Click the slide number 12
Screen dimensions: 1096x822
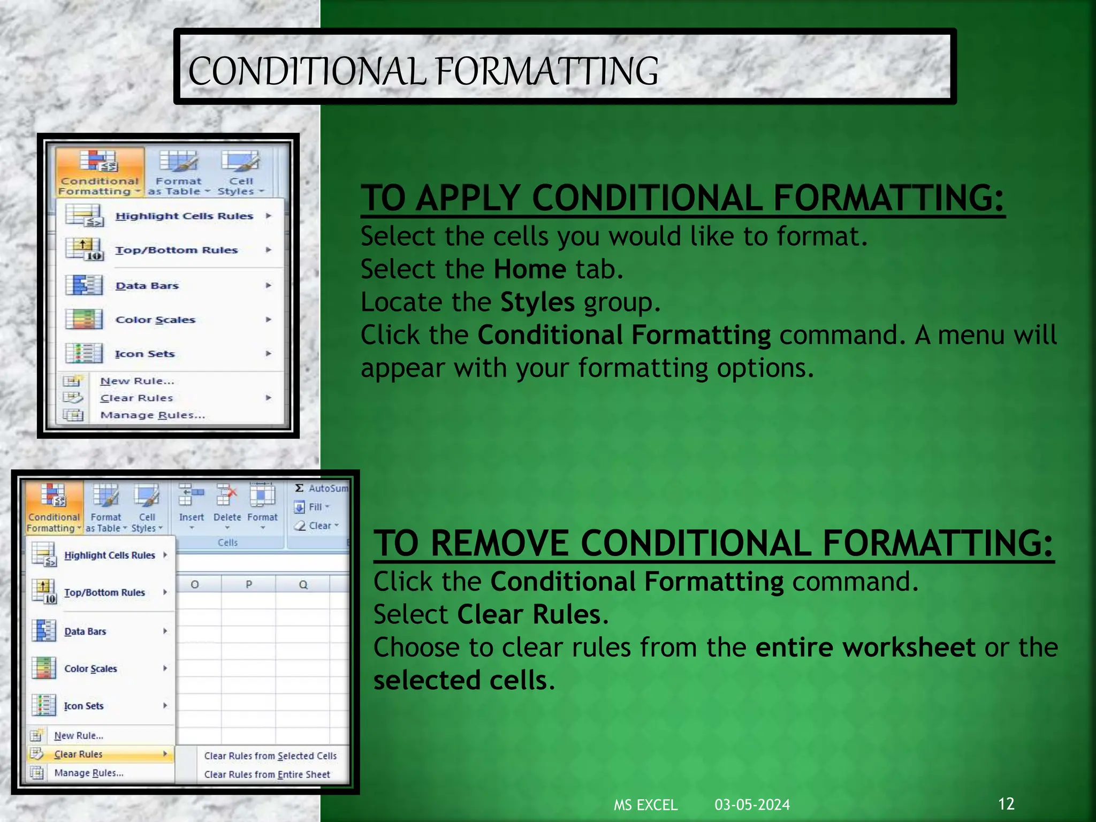[1006, 803]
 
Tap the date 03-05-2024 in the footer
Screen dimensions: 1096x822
[752, 805]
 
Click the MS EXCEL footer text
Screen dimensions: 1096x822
[645, 805]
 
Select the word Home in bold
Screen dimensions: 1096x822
[529, 269]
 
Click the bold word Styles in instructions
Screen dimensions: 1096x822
[537, 302]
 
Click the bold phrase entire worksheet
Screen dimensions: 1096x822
[865, 648]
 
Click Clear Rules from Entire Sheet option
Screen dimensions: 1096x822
[267, 774]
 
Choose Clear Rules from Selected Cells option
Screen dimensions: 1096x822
[270, 756]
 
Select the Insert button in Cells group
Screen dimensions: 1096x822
[191, 505]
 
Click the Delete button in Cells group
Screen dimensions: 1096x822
[227, 505]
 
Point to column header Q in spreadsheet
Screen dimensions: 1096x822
[303, 584]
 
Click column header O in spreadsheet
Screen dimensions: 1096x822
[195, 584]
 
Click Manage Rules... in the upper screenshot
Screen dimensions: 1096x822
[153, 415]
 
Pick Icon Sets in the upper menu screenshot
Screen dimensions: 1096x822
[144, 354]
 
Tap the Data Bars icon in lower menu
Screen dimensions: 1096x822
[44, 631]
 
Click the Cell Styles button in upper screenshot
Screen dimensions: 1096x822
[241, 173]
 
